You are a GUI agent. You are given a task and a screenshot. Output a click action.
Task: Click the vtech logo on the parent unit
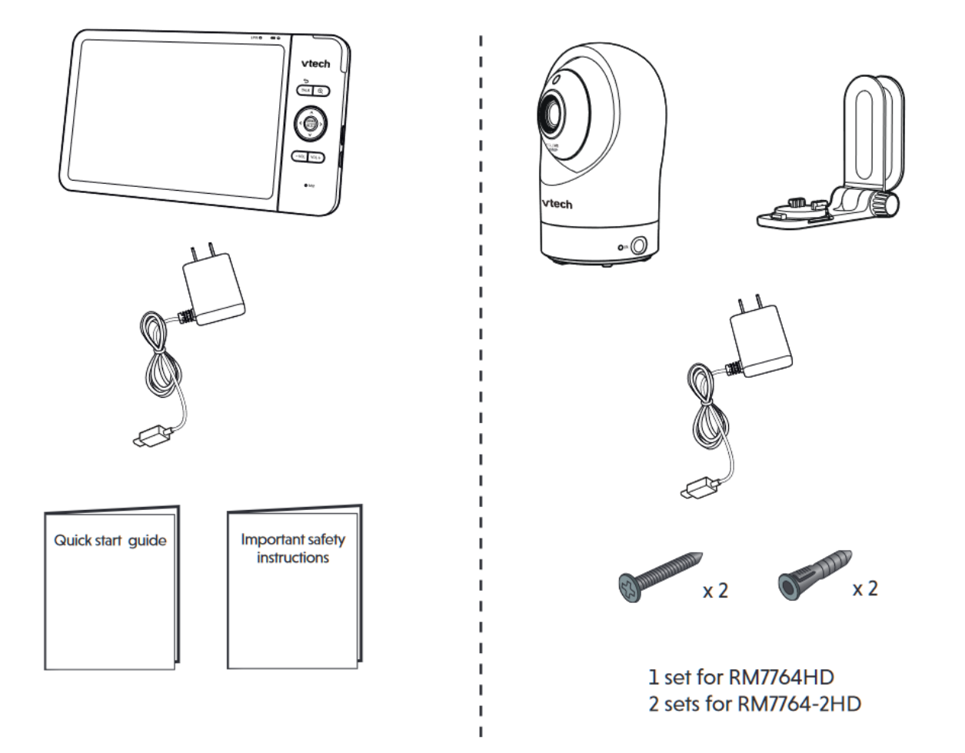(x=315, y=63)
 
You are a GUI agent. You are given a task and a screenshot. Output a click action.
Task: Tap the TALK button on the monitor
(x=305, y=91)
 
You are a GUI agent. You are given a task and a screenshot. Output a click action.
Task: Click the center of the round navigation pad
(x=309, y=123)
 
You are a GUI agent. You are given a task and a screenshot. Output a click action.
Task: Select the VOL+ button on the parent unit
(x=316, y=157)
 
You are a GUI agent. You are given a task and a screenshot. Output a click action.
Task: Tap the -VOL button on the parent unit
(x=299, y=157)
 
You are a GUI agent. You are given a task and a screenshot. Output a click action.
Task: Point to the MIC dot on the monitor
(x=305, y=185)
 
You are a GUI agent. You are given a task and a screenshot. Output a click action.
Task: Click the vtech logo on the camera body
(x=557, y=203)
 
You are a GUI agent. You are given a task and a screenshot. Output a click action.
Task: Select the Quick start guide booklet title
(x=110, y=540)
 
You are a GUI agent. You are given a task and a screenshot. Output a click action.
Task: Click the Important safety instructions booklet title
(x=293, y=548)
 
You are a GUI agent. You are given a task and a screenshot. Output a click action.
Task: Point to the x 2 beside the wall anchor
(x=864, y=588)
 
